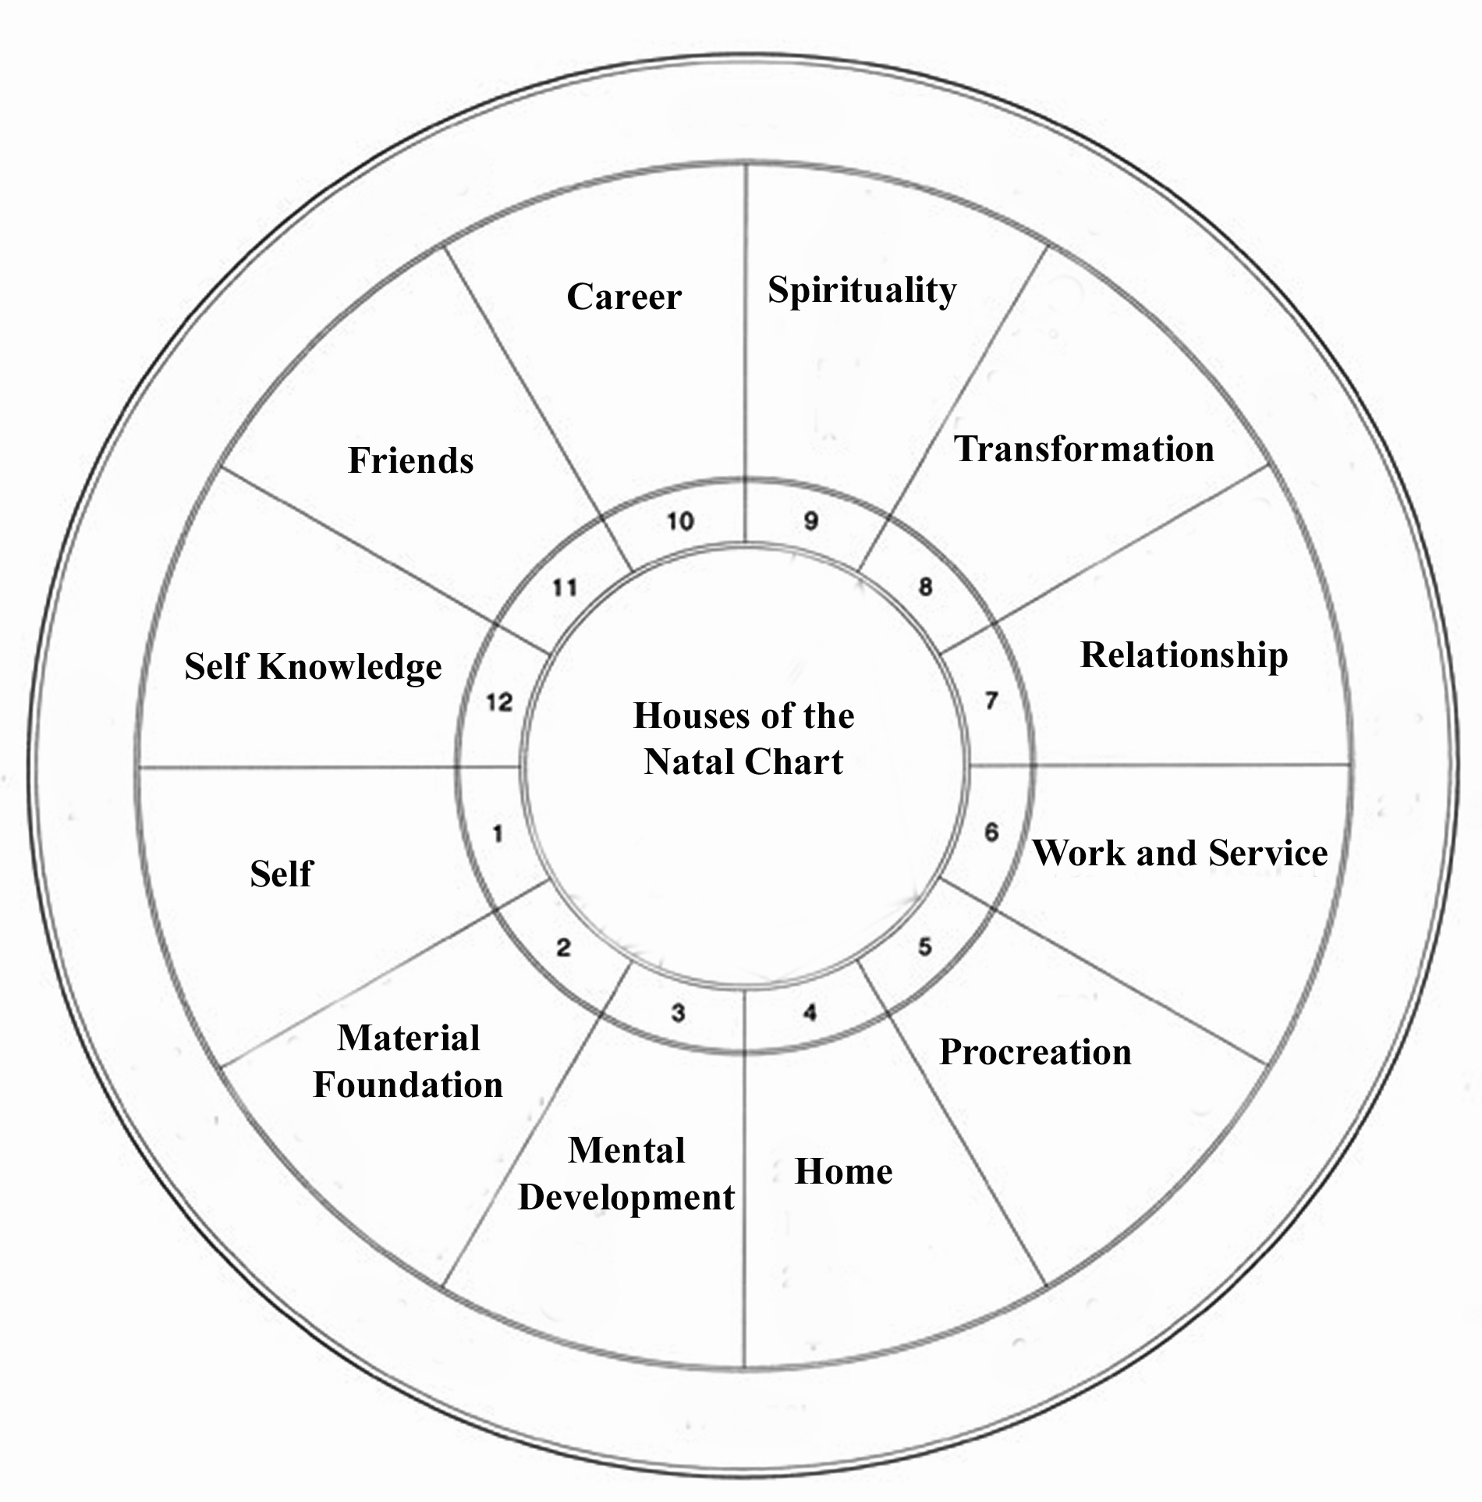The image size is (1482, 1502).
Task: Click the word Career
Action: pyautogui.click(x=624, y=297)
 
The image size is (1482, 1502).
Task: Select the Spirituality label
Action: pyautogui.click(x=862, y=291)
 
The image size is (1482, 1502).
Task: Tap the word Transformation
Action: pyautogui.click(x=1084, y=449)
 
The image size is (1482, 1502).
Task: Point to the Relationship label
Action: pyautogui.click(x=1184, y=655)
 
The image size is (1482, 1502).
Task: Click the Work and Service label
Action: pyautogui.click(x=1180, y=854)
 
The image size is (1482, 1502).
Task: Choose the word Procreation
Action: pyautogui.click(x=1035, y=1053)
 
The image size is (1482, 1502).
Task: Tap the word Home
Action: pyautogui.click(x=843, y=1172)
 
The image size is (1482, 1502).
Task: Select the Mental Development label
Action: pyautogui.click(x=626, y=1174)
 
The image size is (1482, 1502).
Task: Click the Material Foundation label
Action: pyautogui.click(x=408, y=1062)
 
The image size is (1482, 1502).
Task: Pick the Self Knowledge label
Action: pyautogui.click(x=313, y=668)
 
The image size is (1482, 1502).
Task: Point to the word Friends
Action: pyautogui.click(x=410, y=460)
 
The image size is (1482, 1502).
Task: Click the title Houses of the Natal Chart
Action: pyautogui.click(x=743, y=739)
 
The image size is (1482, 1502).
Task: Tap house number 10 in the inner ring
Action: pyautogui.click(x=680, y=521)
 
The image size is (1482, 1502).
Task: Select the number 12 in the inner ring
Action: pyautogui.click(x=499, y=702)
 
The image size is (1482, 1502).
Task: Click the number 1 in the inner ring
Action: pyautogui.click(x=498, y=835)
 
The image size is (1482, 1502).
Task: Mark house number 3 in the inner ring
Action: pyautogui.click(x=678, y=1013)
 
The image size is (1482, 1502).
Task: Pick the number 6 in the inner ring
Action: pyautogui.click(x=991, y=833)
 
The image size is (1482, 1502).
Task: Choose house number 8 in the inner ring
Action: pyautogui.click(x=925, y=587)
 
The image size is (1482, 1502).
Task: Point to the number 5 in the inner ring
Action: pyautogui.click(x=924, y=947)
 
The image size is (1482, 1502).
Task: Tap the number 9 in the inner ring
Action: pyautogui.click(x=811, y=521)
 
